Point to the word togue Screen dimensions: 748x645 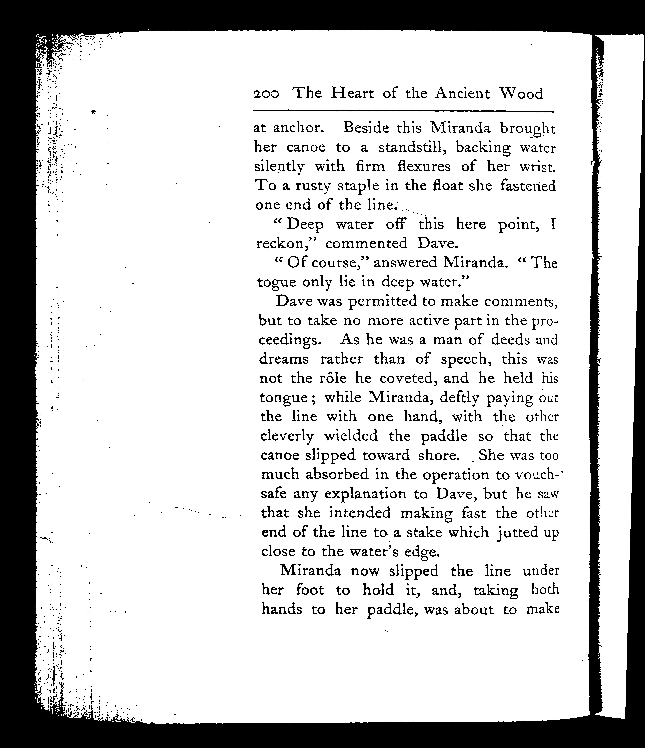276,282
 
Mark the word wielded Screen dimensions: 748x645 351,436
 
